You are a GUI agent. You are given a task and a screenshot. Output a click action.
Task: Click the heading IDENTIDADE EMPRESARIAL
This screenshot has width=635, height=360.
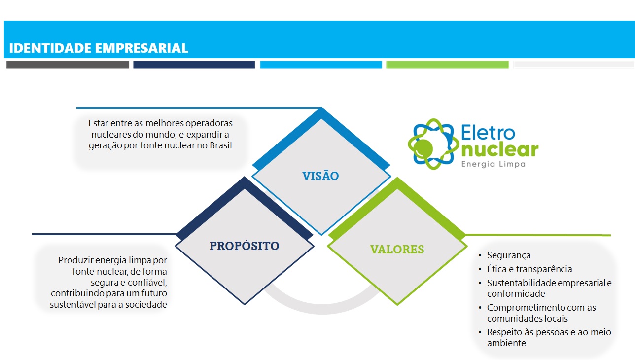99,48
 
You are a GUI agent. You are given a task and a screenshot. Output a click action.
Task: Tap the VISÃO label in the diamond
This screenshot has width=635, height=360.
320,176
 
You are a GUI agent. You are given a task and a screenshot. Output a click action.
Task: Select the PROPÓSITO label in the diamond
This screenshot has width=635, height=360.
245,246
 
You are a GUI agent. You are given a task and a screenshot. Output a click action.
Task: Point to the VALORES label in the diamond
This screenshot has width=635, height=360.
397,250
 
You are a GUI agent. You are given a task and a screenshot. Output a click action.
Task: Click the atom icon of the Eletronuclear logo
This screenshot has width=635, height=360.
433,144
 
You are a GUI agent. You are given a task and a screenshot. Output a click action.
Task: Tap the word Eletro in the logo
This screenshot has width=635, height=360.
488,132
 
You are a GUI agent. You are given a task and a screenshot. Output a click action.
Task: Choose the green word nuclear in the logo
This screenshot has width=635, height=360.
500,149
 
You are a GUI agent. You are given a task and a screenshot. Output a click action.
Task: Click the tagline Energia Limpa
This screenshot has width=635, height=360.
493,164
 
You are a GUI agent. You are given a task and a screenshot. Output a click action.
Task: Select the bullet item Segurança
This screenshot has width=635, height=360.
509,255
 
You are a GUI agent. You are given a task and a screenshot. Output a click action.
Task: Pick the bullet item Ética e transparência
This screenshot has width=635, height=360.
529,269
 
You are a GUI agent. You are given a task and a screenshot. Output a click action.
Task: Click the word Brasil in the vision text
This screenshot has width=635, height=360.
220,145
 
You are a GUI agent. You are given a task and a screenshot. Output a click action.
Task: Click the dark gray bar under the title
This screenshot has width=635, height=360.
68,64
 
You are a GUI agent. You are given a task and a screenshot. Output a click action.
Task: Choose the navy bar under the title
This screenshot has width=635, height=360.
194,64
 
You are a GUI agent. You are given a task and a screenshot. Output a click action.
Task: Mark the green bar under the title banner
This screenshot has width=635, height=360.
447,64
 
